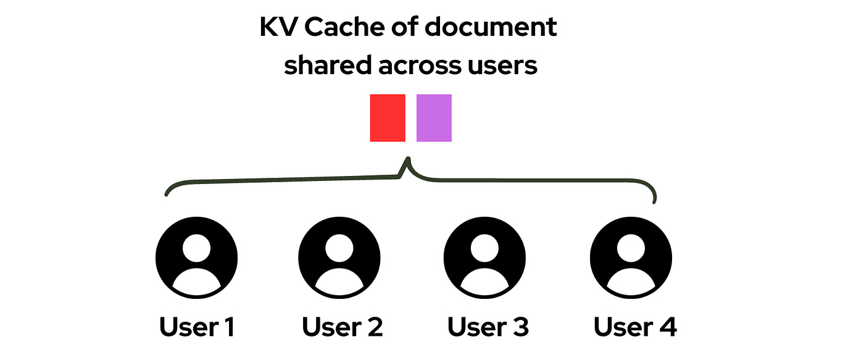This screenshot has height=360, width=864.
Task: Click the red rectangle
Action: [388, 118]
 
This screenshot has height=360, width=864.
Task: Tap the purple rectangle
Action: [434, 118]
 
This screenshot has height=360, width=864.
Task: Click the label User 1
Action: [197, 327]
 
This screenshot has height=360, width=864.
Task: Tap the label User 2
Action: [343, 327]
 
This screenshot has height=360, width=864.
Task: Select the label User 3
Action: [488, 327]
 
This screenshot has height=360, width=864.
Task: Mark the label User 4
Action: [635, 327]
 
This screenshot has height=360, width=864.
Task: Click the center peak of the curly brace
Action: [407, 162]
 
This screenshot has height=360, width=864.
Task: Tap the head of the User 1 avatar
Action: [196, 248]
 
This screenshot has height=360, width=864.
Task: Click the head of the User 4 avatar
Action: [631, 248]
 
